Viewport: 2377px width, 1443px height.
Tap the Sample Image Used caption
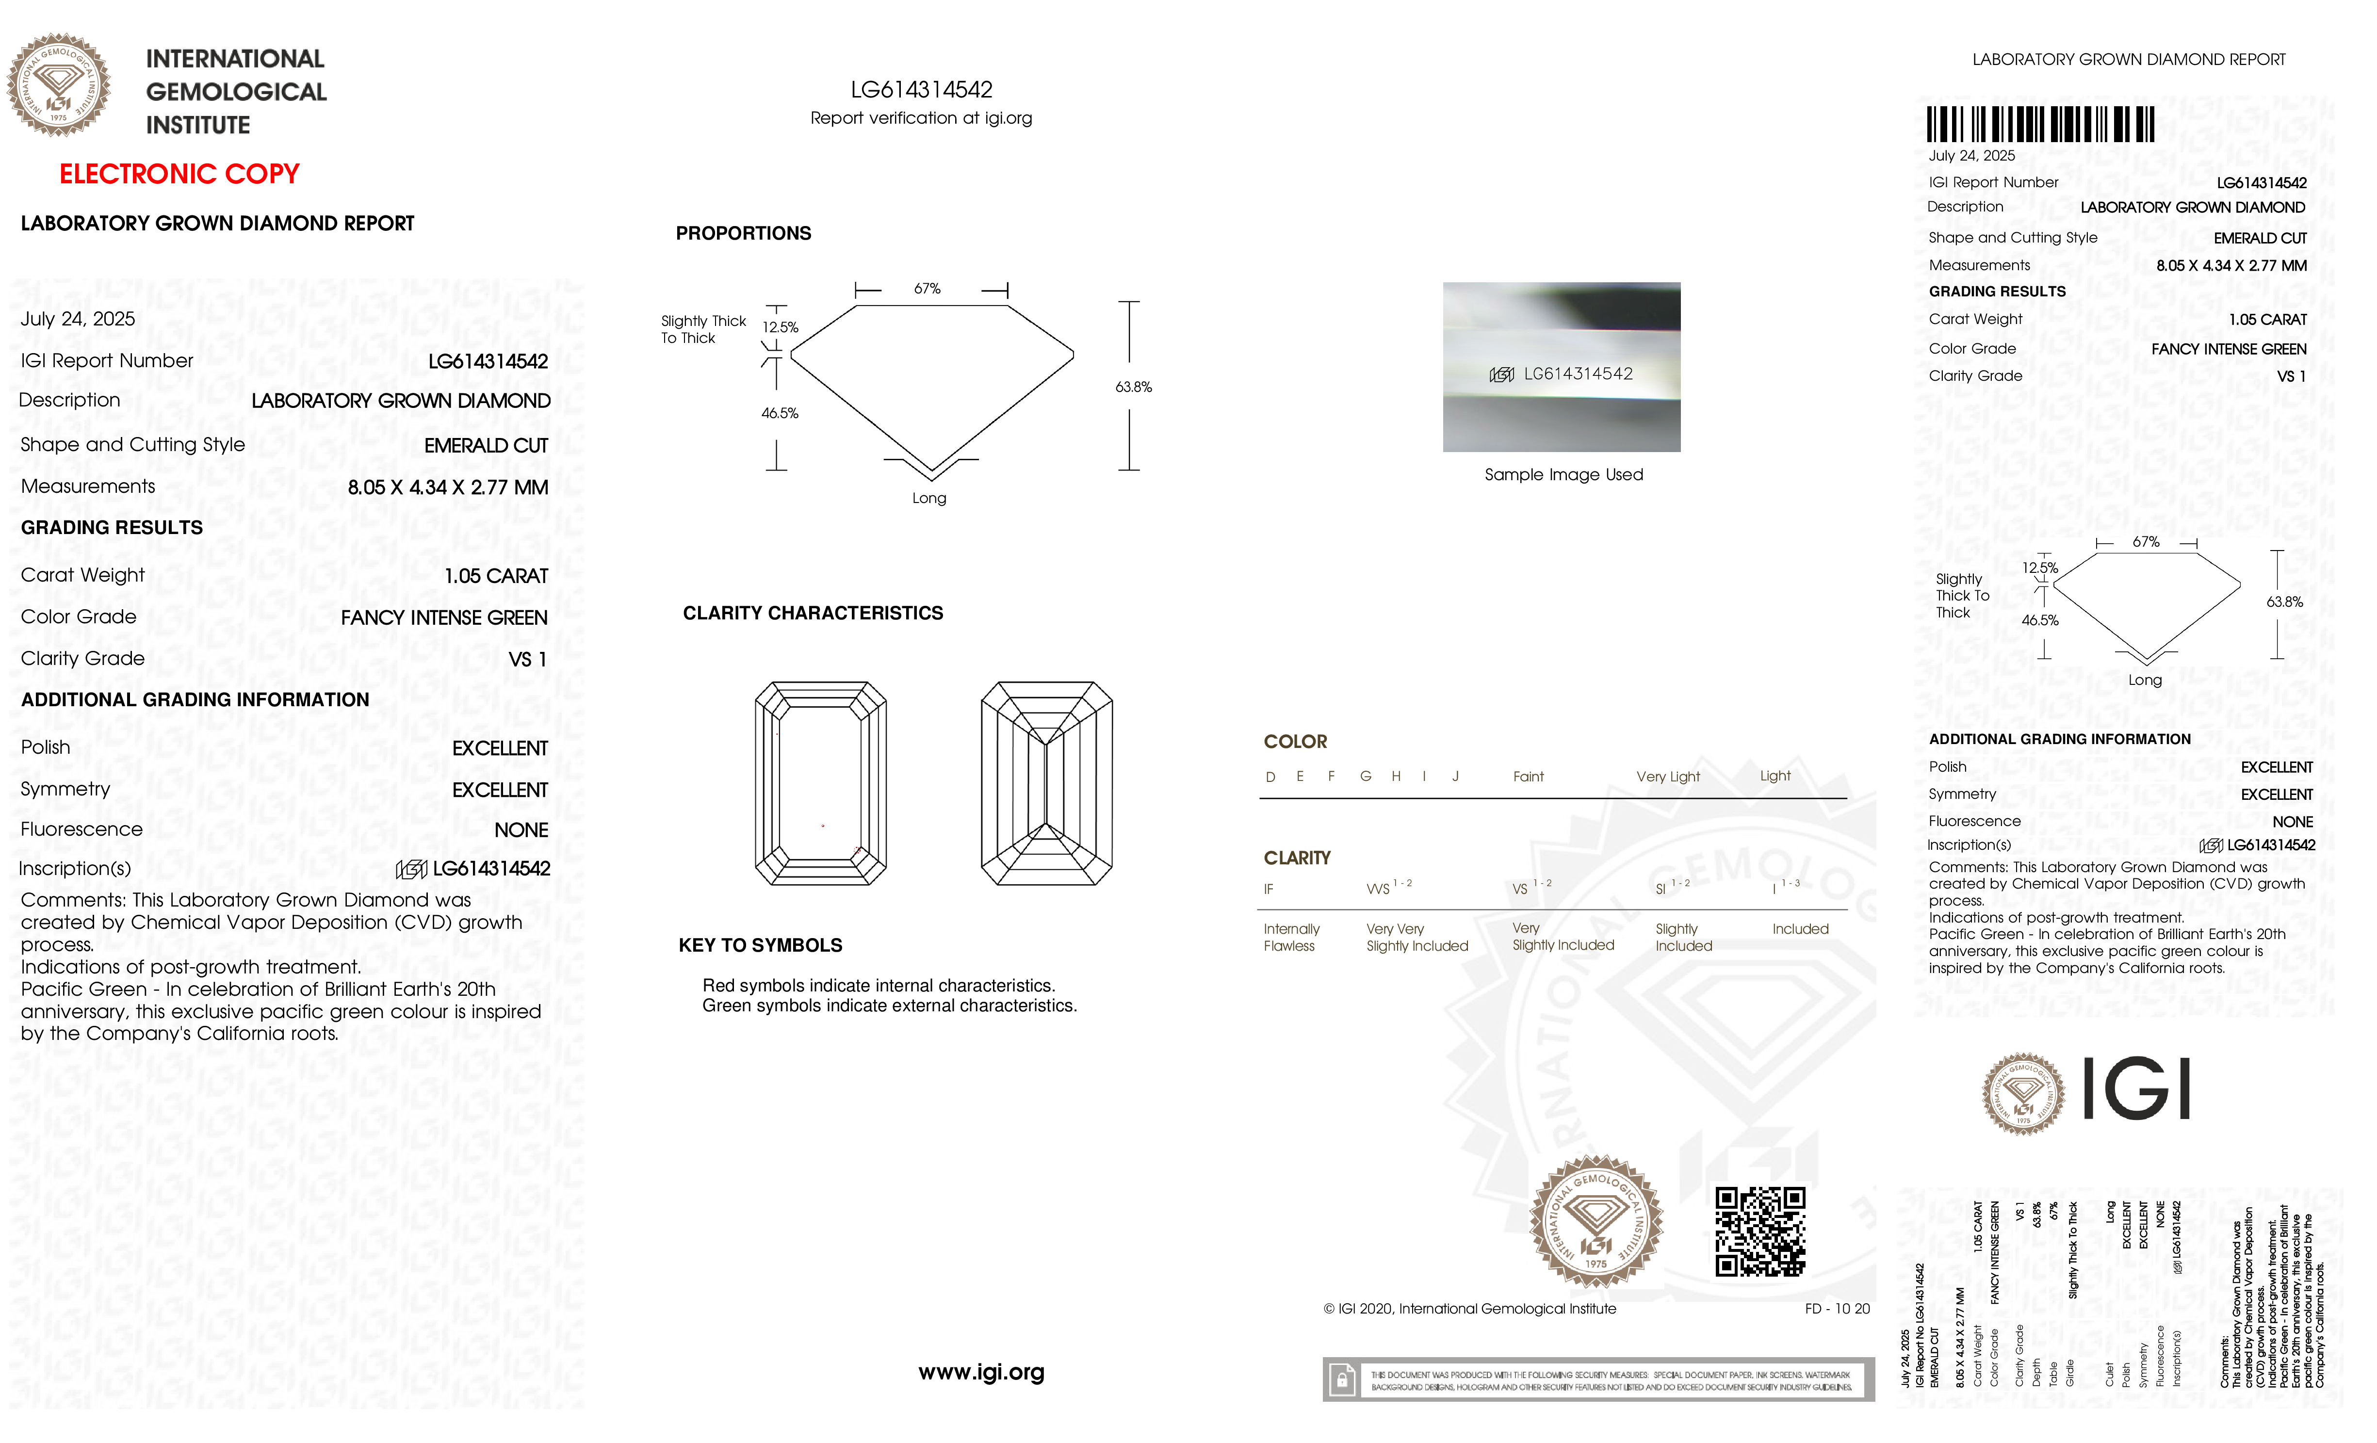coord(1563,474)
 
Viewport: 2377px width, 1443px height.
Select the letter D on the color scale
coord(1270,777)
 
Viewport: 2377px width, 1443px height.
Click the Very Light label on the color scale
coord(1667,777)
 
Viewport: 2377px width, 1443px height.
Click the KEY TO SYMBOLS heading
coord(760,945)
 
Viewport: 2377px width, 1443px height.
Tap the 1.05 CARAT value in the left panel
coord(496,576)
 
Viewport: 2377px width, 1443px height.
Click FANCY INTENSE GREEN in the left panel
coord(444,617)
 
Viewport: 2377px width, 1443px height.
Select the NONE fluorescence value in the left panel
coord(521,829)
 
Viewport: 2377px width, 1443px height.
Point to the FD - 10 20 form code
coord(1836,1309)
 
